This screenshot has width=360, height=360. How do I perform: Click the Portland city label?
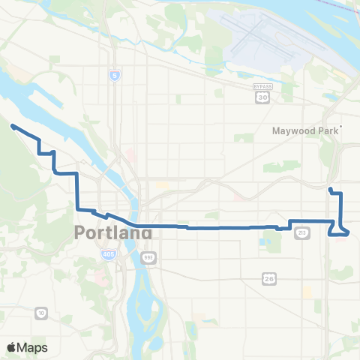[113, 232]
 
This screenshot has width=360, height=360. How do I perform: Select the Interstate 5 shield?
[114, 76]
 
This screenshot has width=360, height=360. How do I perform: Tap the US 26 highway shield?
[269, 279]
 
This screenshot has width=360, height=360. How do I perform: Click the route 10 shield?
[41, 311]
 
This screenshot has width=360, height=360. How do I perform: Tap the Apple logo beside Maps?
[12, 347]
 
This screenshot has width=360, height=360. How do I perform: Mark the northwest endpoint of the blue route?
[13, 127]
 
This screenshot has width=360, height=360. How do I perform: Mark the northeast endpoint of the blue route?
[330, 188]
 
